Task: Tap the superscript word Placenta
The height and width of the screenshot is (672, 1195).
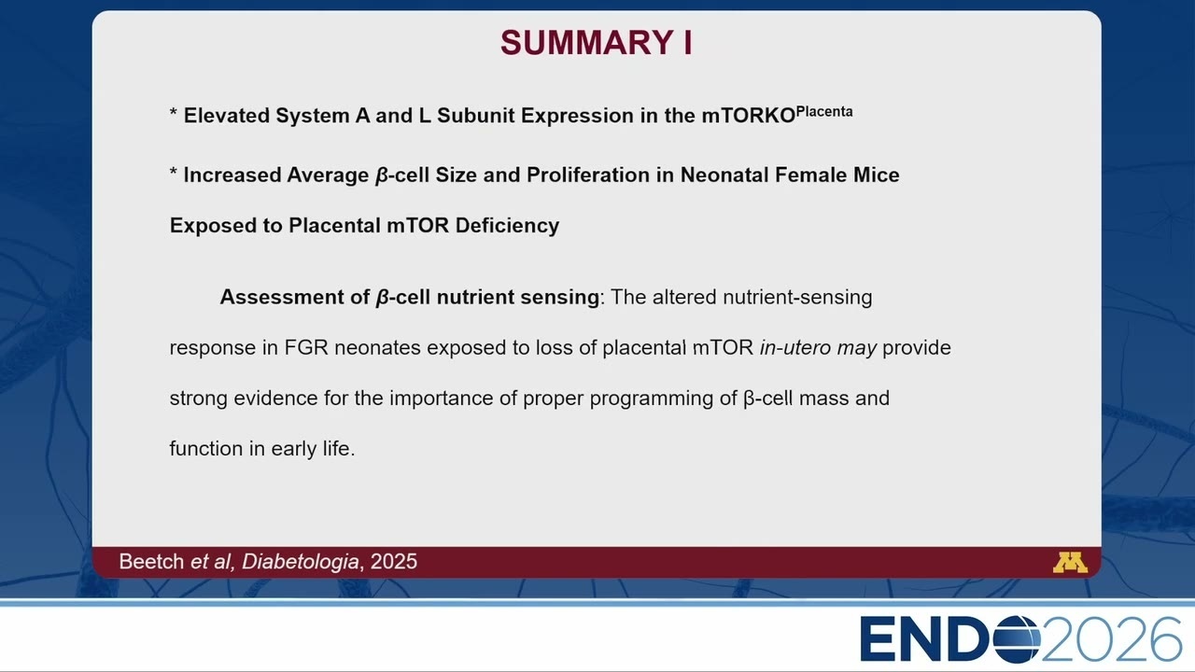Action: pos(824,111)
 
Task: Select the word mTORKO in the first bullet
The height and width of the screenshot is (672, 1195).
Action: pos(749,116)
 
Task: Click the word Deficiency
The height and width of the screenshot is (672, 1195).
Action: pos(507,226)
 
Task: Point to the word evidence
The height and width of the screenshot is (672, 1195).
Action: pos(275,399)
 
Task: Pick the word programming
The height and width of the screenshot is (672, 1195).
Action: pos(652,399)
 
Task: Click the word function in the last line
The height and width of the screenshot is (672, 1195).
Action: pos(206,449)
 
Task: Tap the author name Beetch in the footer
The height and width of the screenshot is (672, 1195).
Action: pos(151,562)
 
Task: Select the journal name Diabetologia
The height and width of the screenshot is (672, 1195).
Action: pos(300,562)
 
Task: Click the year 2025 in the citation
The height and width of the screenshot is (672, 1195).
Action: pos(394,562)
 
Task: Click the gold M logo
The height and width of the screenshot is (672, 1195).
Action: pos(1070,563)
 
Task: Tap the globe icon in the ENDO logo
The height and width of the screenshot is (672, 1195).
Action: pos(1017,639)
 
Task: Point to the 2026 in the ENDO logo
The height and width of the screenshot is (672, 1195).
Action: pos(1111,639)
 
